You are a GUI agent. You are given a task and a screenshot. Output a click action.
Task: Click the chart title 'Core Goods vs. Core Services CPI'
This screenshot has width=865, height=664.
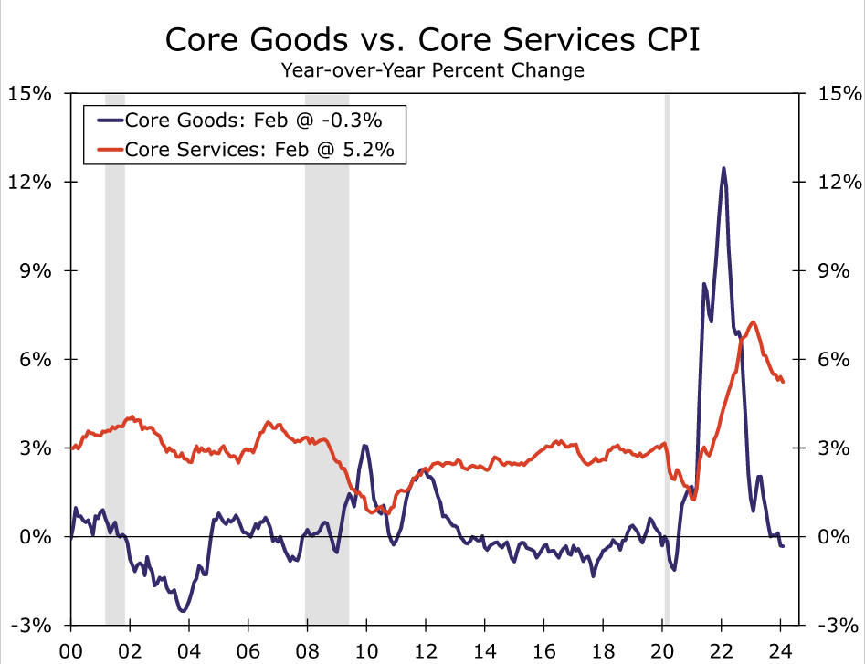pyautogui.click(x=432, y=40)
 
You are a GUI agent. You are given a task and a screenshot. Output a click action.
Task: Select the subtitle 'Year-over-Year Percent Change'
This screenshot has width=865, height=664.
pyautogui.click(x=432, y=70)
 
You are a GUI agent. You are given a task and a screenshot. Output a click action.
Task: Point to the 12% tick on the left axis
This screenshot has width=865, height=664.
pyautogui.click(x=31, y=182)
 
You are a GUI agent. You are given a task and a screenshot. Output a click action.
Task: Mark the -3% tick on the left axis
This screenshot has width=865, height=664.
pyautogui.click(x=31, y=625)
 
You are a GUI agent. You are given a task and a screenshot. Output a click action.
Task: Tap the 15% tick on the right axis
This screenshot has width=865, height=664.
pyautogui.click(x=834, y=93)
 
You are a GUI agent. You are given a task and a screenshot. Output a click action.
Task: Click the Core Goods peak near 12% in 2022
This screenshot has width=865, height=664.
pyautogui.click(x=723, y=168)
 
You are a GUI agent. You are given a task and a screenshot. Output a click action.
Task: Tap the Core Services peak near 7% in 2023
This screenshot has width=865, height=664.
pyautogui.click(x=752, y=321)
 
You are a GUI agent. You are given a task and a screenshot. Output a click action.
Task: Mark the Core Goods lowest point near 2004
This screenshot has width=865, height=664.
pyautogui.click(x=183, y=611)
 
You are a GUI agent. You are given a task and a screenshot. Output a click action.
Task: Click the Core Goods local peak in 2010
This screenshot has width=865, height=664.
pyautogui.click(x=364, y=446)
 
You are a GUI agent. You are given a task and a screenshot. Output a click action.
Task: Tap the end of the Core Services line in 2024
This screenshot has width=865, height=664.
pyautogui.click(x=783, y=382)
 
